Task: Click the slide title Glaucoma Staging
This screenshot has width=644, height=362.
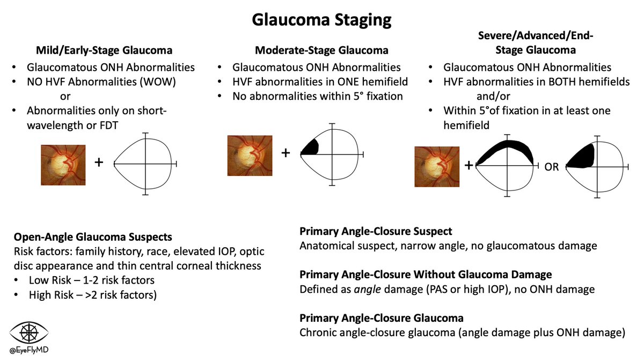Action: [x=322, y=21]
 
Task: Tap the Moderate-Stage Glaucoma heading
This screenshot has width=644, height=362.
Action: [x=322, y=51]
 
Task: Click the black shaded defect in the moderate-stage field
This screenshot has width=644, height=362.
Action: [x=310, y=146]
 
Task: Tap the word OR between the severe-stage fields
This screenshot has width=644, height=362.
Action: [x=552, y=167]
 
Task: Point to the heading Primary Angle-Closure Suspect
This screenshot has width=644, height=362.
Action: [x=376, y=232]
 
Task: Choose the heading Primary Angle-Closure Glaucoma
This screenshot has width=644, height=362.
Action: [x=382, y=318]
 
